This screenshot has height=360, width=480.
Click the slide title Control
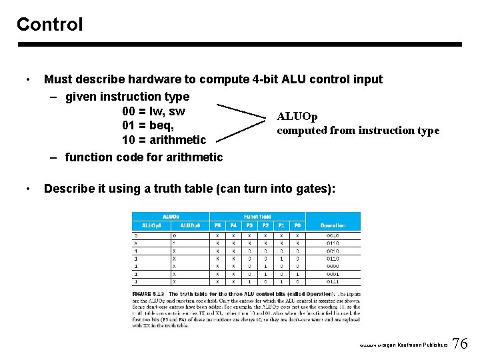49,25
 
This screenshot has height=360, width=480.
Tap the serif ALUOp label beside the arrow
297,117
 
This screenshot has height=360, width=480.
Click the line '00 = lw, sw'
154,111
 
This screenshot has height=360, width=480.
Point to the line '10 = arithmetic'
164,140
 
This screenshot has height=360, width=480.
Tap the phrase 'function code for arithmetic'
144,157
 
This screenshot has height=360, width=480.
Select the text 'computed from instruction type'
358,131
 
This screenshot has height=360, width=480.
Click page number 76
460,344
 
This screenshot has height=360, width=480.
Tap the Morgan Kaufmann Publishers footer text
403,345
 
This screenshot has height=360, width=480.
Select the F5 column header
217,225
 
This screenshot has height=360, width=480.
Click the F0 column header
297,225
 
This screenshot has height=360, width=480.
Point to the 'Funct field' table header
257,217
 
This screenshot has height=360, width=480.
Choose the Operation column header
333,225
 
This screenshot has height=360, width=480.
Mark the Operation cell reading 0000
333,265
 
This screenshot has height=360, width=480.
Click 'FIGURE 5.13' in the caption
147,294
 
